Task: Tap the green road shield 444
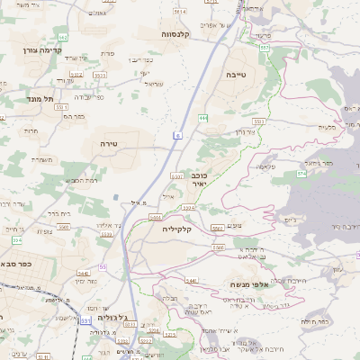click(204, 118)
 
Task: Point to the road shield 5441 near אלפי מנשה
click(191, 281)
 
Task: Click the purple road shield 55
click(103, 267)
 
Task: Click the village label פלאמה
click(265, 166)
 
